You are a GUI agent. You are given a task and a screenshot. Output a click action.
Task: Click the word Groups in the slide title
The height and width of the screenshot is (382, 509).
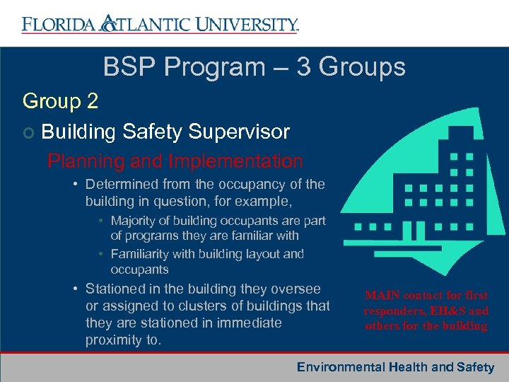pos(363,67)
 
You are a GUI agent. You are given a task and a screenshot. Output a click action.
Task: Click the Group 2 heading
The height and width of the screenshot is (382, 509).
pos(61,101)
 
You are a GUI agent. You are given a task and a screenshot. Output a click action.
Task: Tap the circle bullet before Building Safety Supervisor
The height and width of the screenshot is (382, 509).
pos(28,132)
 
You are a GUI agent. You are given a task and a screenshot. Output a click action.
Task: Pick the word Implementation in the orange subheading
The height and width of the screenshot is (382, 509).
pos(236,161)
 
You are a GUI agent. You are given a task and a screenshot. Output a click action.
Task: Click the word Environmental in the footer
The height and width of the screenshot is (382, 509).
pos(340,367)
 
